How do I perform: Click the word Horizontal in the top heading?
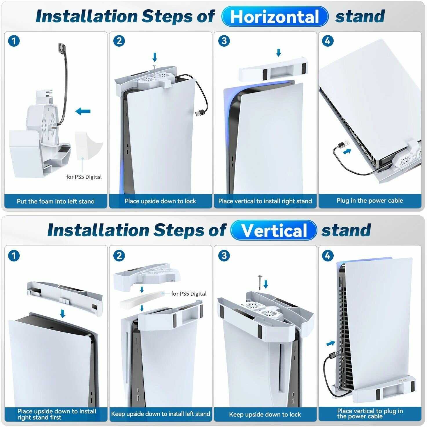coord(275,17)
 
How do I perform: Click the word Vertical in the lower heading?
coord(274,230)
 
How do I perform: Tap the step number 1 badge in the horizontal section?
coord(14,41)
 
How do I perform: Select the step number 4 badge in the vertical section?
coord(328,256)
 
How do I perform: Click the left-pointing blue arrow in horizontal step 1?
coord(83,111)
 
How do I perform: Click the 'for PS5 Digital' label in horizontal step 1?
coord(84,177)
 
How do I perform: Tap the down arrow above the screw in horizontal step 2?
coord(155,57)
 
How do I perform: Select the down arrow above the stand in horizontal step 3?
coord(279,52)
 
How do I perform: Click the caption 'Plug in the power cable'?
coord(370,201)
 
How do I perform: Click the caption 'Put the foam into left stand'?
coord(56,201)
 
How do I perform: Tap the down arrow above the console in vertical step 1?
coord(63,314)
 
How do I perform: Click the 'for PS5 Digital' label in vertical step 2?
coord(189,294)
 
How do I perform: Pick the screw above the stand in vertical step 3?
coord(260,283)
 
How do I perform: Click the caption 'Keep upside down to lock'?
coord(265,414)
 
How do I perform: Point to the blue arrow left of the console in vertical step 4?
coord(330,343)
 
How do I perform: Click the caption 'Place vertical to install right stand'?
coord(265,201)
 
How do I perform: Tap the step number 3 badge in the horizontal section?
coord(224,41)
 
